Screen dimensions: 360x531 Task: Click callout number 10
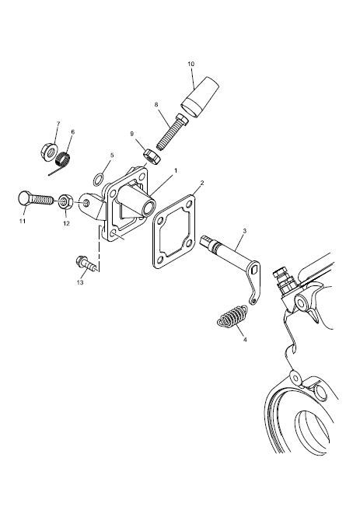coord(191,64)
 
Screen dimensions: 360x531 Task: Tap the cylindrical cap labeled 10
coord(200,97)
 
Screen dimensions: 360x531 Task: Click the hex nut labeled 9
coord(152,157)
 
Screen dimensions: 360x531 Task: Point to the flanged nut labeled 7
coord(49,151)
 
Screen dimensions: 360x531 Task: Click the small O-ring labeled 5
coord(99,179)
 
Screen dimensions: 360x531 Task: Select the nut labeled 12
coord(65,202)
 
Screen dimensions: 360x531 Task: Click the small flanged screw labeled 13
coord(86,264)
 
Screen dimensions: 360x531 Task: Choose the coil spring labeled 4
coord(232,316)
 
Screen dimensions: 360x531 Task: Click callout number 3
coord(244,231)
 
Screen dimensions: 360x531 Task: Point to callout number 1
coord(176,170)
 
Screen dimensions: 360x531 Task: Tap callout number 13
coord(80,282)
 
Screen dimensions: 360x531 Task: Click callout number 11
coord(23,221)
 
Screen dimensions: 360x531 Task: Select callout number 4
coord(245,339)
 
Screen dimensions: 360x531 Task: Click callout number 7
coord(58,124)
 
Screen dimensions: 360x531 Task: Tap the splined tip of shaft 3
coord(207,242)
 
